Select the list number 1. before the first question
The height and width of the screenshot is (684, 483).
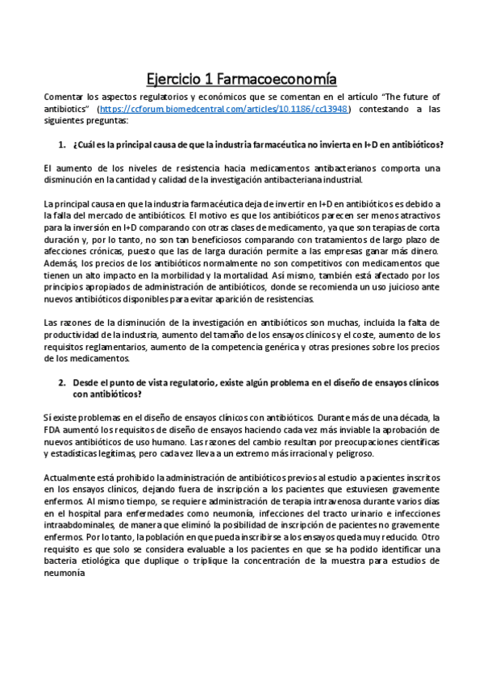coord(61,144)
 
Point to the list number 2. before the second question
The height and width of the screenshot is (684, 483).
coord(61,382)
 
